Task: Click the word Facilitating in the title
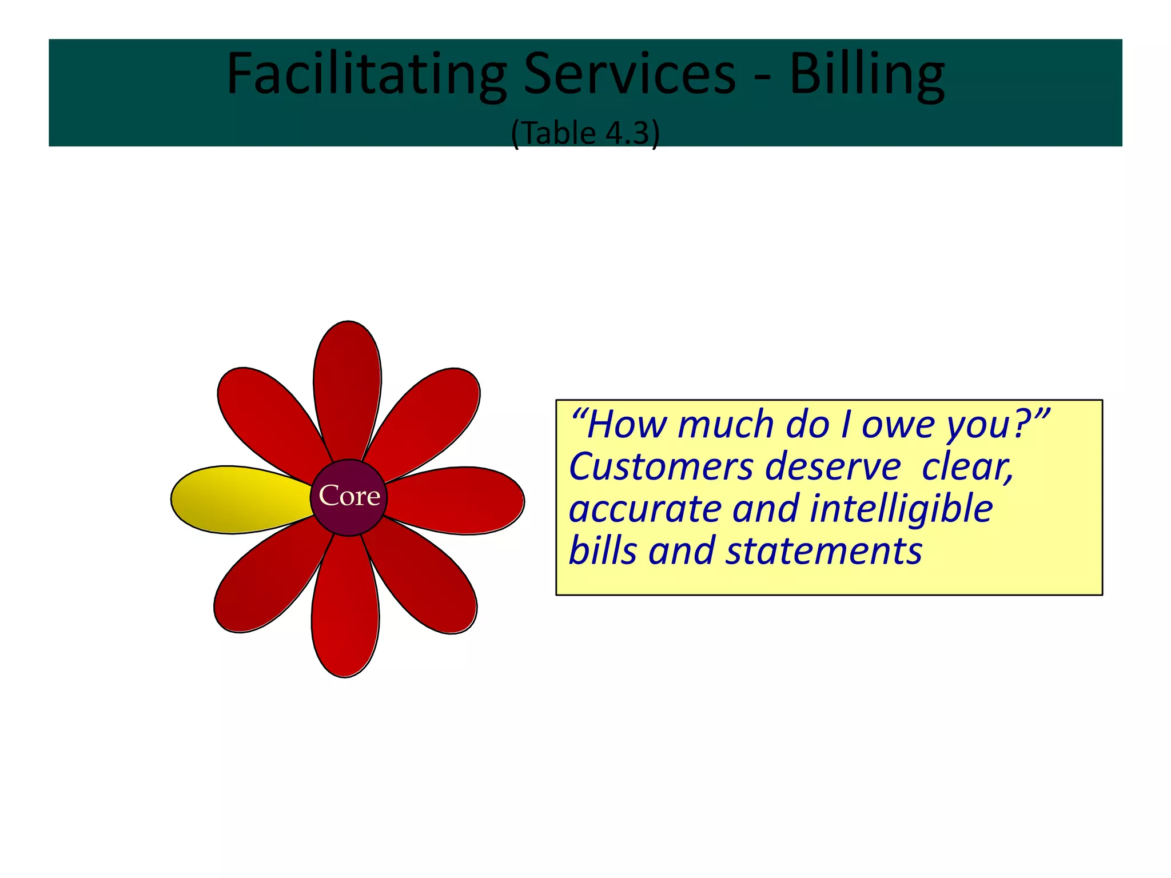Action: tap(367, 75)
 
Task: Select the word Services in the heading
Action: tap(630, 75)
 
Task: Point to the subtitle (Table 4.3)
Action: tap(585, 133)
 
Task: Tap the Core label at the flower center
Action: tap(349, 496)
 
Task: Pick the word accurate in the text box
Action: tap(645, 509)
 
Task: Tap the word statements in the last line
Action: tap(824, 551)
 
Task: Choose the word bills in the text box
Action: tap(603, 551)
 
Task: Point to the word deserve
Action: tap(833, 467)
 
